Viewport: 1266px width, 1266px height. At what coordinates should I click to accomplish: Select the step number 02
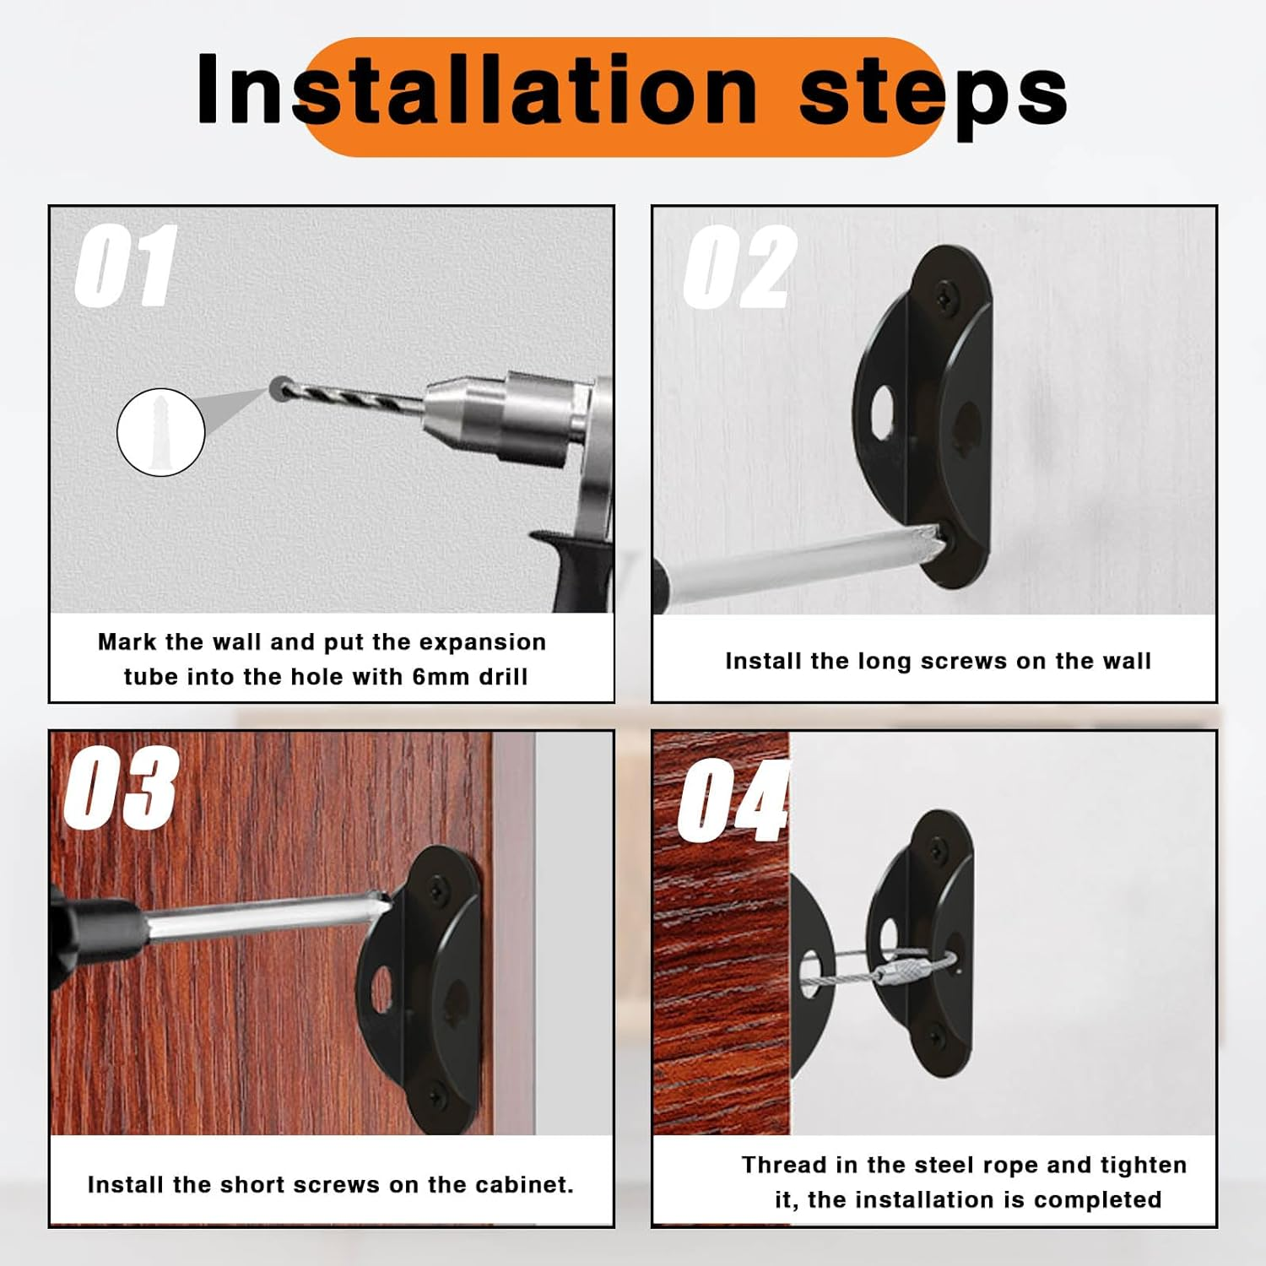pyautogui.click(x=738, y=268)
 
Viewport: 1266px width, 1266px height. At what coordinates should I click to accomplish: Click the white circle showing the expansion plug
pyautogui.click(x=160, y=432)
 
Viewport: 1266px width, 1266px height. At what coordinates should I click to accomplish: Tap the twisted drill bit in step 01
pyautogui.click(x=354, y=396)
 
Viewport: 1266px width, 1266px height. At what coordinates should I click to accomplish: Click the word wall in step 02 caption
pyautogui.click(x=1126, y=661)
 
